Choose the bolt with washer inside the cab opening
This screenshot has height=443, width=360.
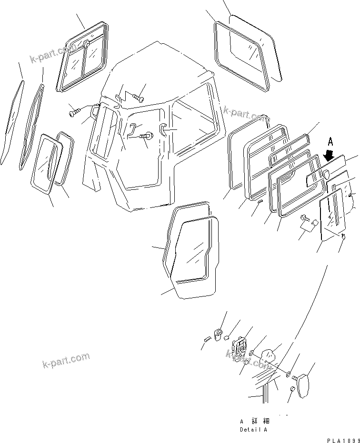[148, 136]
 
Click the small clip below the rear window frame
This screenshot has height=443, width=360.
[259, 202]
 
